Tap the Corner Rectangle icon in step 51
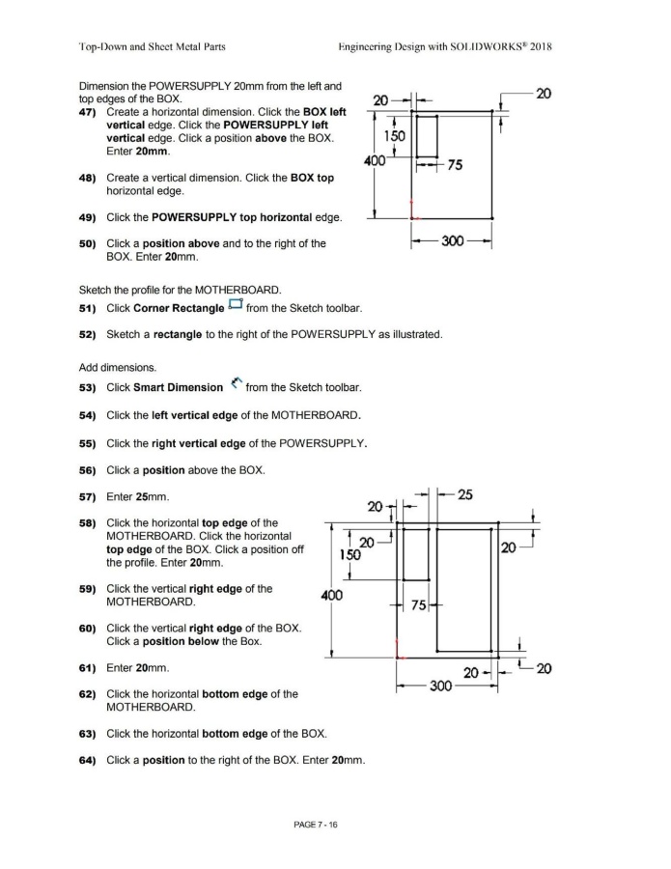point(234,307)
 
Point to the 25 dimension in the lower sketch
point(464,495)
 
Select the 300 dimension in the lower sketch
point(440,686)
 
